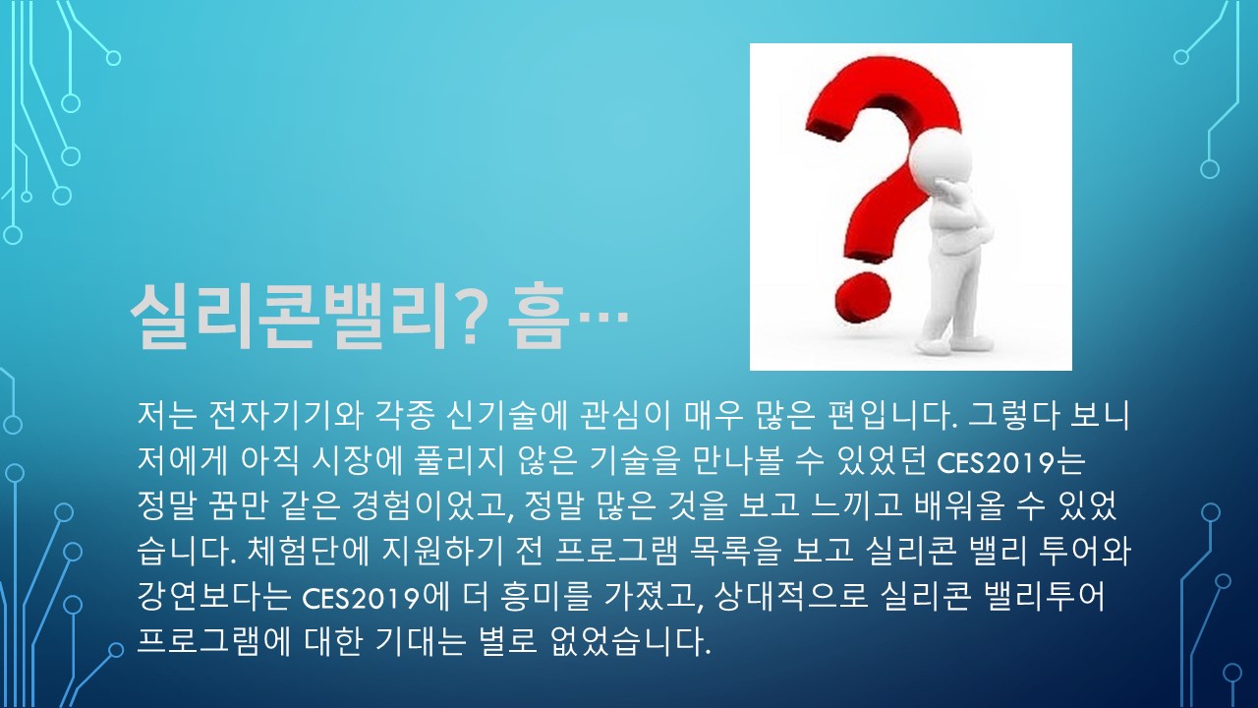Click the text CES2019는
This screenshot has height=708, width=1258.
point(1011,462)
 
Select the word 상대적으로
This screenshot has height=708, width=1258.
point(792,597)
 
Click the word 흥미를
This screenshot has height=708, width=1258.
point(545,597)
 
